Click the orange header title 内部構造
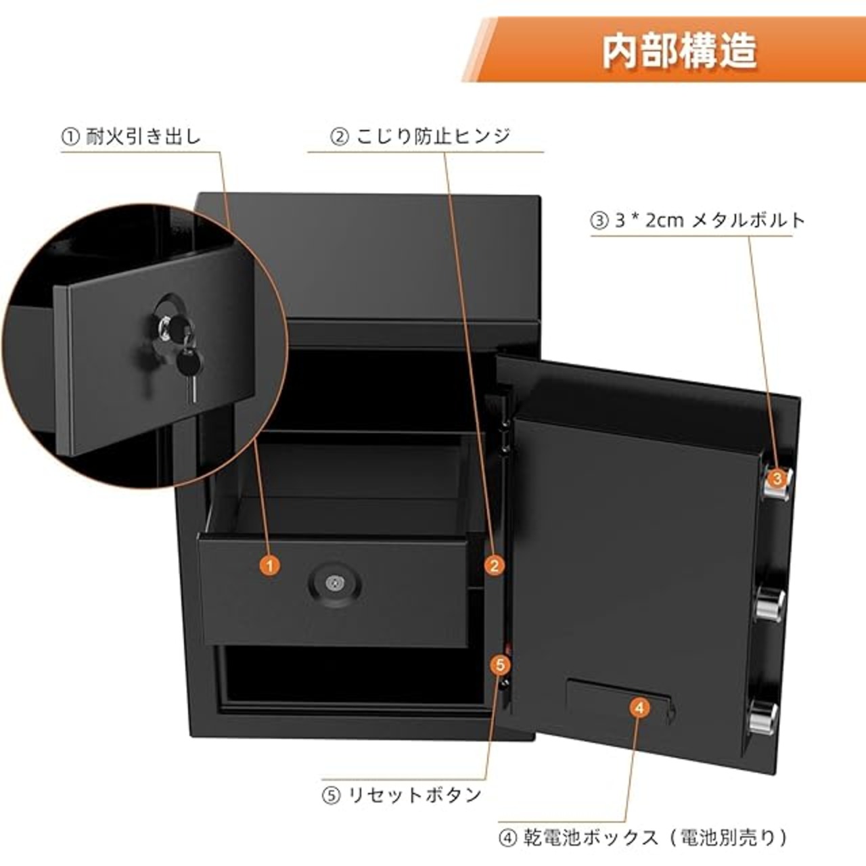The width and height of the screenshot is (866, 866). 679,52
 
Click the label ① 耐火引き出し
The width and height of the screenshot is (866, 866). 131,137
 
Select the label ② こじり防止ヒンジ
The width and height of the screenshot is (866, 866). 421,137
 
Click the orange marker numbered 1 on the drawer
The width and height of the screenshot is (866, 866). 270,566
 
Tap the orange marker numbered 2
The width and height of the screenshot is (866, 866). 495,566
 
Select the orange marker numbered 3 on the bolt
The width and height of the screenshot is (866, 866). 777,478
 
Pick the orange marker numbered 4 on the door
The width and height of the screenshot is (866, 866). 640,708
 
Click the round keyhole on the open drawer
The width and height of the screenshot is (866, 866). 333,585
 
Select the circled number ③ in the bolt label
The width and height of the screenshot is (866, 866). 599,221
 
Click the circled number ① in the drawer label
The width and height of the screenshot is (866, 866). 70,137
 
